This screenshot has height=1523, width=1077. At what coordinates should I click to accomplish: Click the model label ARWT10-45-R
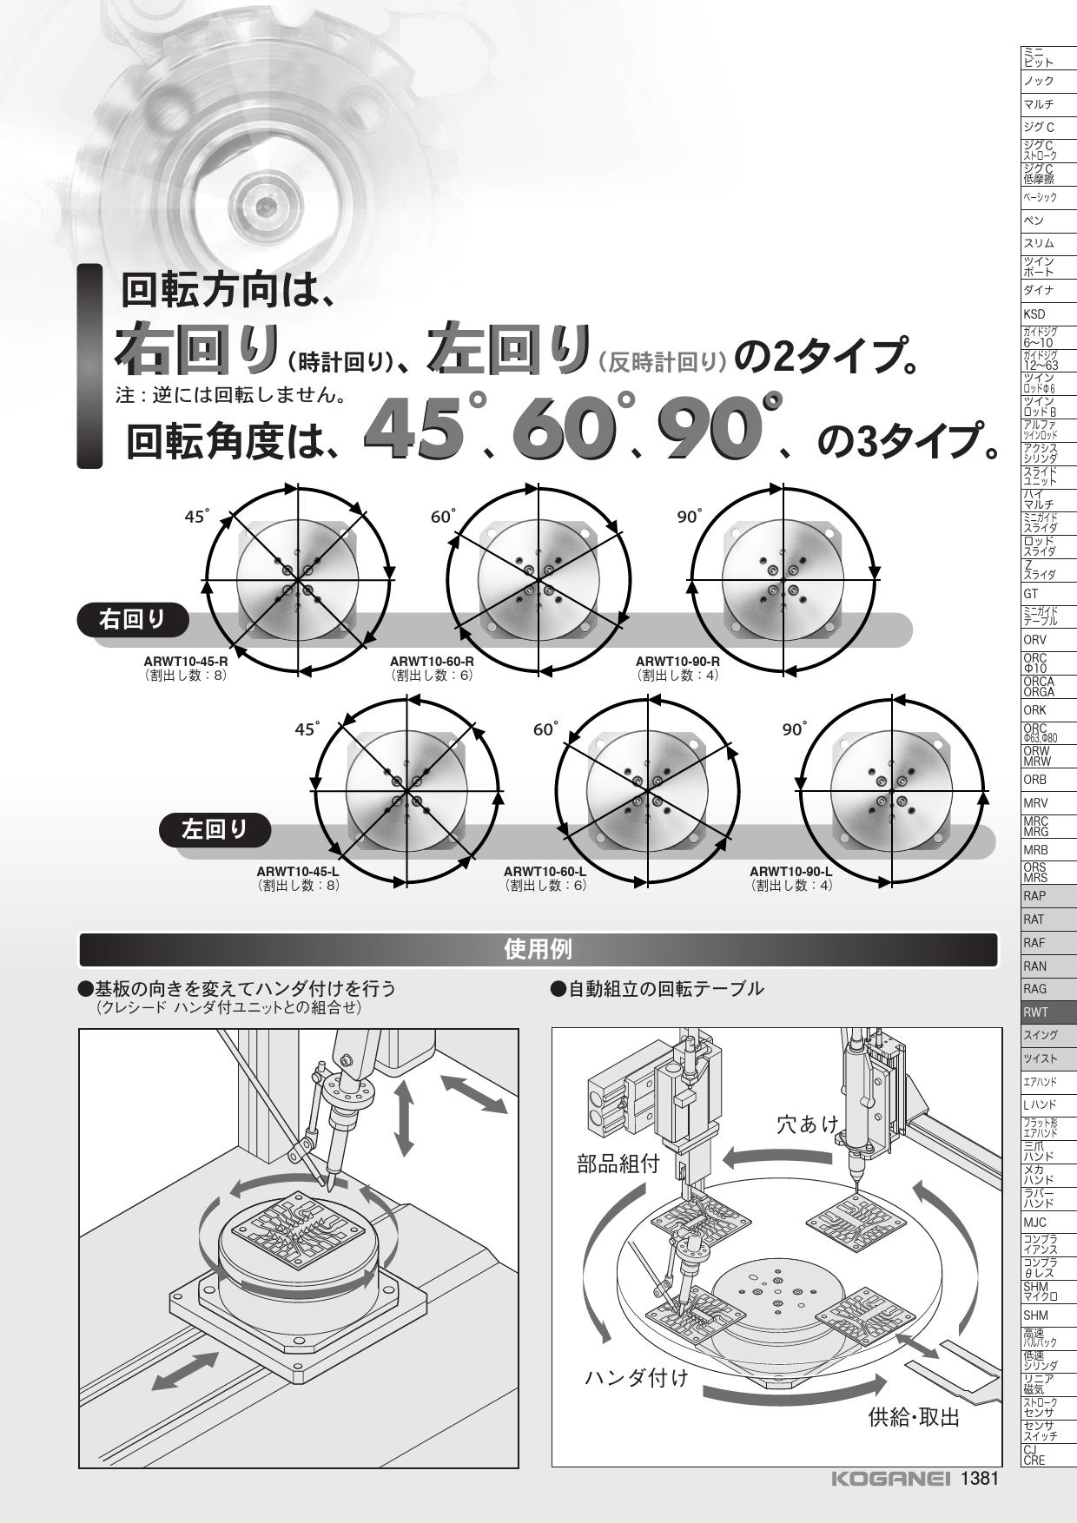click(186, 662)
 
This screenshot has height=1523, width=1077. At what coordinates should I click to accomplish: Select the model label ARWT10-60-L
click(545, 872)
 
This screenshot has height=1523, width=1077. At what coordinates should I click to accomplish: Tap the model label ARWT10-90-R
click(677, 662)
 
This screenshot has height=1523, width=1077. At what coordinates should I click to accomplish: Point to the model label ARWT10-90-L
click(791, 872)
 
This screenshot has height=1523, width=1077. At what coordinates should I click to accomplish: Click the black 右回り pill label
click(133, 619)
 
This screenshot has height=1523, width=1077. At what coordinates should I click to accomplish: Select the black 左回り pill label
click(215, 830)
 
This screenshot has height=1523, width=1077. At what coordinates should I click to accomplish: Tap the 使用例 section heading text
click(538, 949)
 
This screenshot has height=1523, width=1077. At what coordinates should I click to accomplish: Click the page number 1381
click(980, 1479)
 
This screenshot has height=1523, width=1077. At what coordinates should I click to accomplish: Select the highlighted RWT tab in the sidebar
click(1048, 1012)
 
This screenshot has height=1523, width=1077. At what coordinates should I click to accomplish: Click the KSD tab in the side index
click(1048, 314)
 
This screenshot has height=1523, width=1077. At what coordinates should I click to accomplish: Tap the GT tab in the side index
click(1048, 594)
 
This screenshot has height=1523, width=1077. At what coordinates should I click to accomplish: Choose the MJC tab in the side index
click(1048, 1222)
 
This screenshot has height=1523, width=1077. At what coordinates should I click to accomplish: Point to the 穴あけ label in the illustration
click(809, 1125)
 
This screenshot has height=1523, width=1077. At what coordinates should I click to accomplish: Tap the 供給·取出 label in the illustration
click(915, 1418)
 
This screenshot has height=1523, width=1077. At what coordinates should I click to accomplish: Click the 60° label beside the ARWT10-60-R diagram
click(443, 517)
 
